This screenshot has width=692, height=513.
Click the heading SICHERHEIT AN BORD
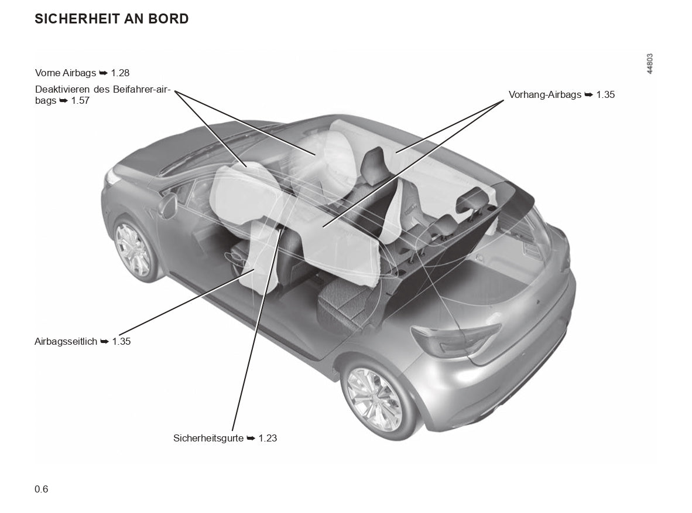(x=112, y=19)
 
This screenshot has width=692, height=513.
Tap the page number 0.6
(x=42, y=489)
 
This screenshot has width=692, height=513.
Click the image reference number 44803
(x=650, y=64)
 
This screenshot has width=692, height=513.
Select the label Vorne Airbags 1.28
(x=82, y=73)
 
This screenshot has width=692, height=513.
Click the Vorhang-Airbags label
(x=561, y=94)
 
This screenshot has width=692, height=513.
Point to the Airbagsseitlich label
(x=83, y=341)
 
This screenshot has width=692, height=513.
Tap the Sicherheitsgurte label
(x=225, y=438)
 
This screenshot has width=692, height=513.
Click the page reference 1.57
(x=80, y=101)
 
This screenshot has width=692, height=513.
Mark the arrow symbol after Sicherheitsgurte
(x=251, y=438)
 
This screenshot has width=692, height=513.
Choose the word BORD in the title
(x=170, y=19)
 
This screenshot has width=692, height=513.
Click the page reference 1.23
(x=268, y=438)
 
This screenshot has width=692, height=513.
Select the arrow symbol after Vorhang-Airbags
(x=589, y=94)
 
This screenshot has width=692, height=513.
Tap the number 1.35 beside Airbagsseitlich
(x=121, y=341)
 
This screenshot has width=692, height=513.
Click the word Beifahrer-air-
(x=142, y=89)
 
